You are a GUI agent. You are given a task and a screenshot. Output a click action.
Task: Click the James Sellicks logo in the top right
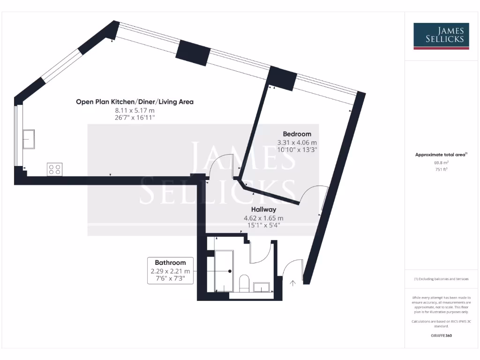(441, 36)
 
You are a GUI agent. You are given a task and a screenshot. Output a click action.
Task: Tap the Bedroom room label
(296, 134)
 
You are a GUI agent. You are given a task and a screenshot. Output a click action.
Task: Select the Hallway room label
(263, 210)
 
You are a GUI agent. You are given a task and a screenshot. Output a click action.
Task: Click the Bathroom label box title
(171, 262)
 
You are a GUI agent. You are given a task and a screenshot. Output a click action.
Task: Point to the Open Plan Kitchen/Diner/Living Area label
(135, 102)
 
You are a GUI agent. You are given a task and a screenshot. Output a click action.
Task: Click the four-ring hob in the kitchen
(54, 169)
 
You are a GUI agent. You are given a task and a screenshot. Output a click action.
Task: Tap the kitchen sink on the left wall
(29, 139)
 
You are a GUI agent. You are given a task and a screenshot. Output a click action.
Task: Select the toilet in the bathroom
(244, 283)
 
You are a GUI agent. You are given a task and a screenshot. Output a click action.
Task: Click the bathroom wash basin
(261, 286)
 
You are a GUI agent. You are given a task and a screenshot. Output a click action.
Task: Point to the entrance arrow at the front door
(293, 283)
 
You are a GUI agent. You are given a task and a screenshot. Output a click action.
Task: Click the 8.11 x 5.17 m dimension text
(135, 111)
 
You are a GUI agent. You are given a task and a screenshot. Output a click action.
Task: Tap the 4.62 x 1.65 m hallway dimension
(263, 218)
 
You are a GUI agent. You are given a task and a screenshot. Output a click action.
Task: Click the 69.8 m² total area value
(441, 163)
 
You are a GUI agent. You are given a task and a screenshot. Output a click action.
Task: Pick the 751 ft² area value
(441, 170)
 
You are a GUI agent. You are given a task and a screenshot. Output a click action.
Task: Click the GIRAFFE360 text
(441, 336)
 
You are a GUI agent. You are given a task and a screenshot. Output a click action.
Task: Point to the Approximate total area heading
(441, 155)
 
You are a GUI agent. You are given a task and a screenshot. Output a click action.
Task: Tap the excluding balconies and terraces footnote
(441, 279)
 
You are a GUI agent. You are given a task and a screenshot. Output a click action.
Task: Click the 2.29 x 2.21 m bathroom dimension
(171, 271)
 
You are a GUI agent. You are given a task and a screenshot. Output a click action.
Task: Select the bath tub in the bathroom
(224, 270)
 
